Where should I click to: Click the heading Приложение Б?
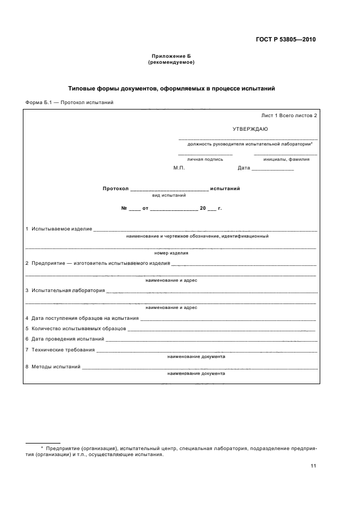click(x=171, y=57)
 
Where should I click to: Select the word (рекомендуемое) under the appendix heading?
click(x=171, y=63)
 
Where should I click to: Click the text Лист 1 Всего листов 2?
click(x=289, y=116)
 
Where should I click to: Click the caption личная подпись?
click(x=205, y=160)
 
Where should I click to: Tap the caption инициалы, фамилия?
click(x=286, y=160)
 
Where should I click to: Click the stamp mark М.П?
click(x=179, y=168)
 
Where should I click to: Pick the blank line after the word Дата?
click(x=273, y=169)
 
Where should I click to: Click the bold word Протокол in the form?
click(x=115, y=189)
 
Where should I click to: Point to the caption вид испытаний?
click(x=169, y=195)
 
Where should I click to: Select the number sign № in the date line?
click(x=124, y=209)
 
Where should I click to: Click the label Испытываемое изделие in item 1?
click(x=62, y=229)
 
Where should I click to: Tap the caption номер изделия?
click(x=171, y=253)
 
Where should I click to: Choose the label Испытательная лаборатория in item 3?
click(x=68, y=290)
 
